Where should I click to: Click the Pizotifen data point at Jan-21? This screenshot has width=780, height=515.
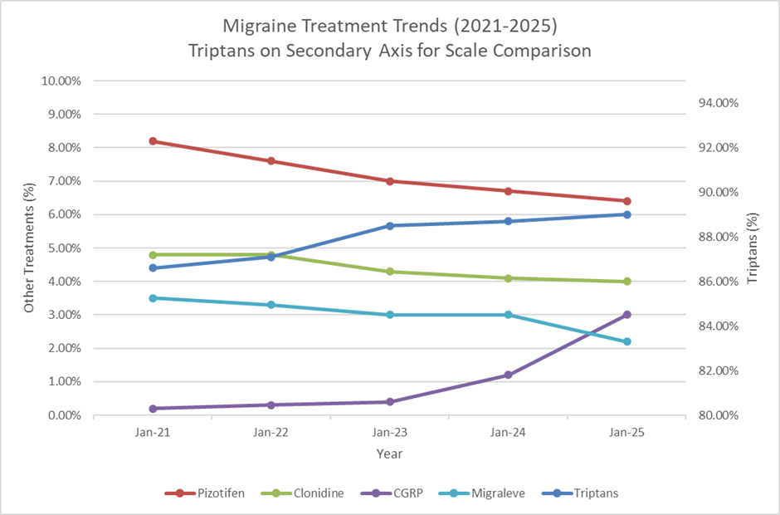coord(154,141)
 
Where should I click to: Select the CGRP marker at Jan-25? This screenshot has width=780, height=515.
coord(627,315)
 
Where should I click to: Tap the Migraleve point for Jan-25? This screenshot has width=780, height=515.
coord(627,341)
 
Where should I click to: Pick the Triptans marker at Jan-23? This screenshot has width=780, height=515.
coord(390,226)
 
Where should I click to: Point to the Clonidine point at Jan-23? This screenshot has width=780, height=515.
coord(390,272)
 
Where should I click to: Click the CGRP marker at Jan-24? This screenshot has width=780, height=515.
coord(509,375)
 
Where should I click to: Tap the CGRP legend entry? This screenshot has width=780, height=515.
coord(396,493)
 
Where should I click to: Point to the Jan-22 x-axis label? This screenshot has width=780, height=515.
coord(271,433)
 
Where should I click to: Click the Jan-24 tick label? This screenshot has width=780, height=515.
coord(509,433)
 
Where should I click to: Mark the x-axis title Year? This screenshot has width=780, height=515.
coord(390,454)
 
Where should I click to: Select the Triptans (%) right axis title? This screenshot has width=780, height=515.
coord(753,248)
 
